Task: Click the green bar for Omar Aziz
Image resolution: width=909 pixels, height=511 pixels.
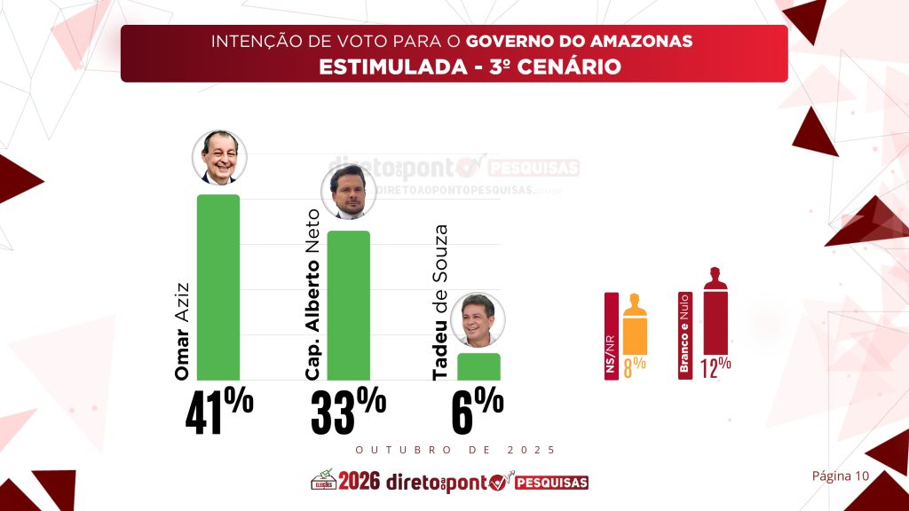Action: coord(217,287)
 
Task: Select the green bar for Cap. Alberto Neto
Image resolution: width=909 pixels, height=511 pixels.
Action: coord(349,305)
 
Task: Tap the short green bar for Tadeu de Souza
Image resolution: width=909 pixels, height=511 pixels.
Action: coord(478,366)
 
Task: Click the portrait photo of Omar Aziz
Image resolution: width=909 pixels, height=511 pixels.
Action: coord(219,157)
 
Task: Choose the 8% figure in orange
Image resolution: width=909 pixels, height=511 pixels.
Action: coord(634,366)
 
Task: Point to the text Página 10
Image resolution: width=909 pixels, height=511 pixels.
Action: coord(840,476)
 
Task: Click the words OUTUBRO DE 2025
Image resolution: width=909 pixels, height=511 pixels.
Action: coord(454,450)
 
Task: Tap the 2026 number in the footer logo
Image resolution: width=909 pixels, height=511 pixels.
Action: coord(359,482)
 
